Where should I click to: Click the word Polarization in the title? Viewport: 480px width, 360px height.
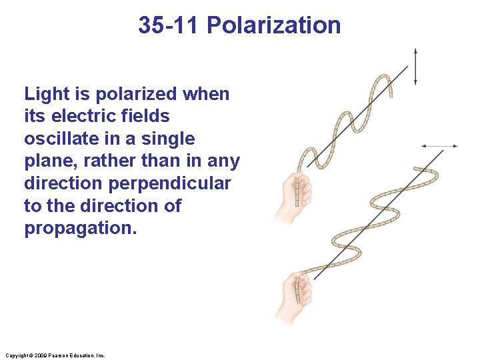(273, 25)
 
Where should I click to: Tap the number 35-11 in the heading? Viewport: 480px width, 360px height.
(169, 25)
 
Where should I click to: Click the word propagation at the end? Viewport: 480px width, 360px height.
(80, 229)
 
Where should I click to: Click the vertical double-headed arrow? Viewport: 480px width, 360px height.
(415, 66)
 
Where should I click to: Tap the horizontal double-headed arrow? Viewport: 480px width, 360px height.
(439, 145)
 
